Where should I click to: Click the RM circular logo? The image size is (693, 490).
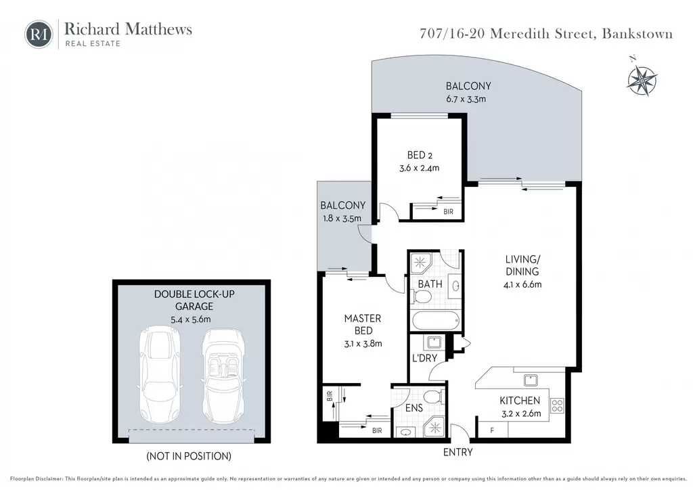(39, 34)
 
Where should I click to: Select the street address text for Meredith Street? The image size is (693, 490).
(546, 34)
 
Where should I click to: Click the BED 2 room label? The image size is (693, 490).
(420, 155)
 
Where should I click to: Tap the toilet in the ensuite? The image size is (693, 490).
(433, 397)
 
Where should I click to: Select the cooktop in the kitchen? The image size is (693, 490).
(558, 405)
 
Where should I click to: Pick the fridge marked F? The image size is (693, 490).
(493, 430)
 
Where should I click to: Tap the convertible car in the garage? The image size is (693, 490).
(223, 376)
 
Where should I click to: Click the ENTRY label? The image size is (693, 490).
(458, 452)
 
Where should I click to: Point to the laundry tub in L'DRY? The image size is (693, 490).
(432, 343)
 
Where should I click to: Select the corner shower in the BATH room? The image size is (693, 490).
(420, 264)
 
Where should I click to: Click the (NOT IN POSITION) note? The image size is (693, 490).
(189, 456)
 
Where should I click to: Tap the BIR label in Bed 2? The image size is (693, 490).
(448, 212)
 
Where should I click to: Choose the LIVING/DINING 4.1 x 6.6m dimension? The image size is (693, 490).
(522, 284)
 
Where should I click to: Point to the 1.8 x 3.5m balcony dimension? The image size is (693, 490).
(342, 219)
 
